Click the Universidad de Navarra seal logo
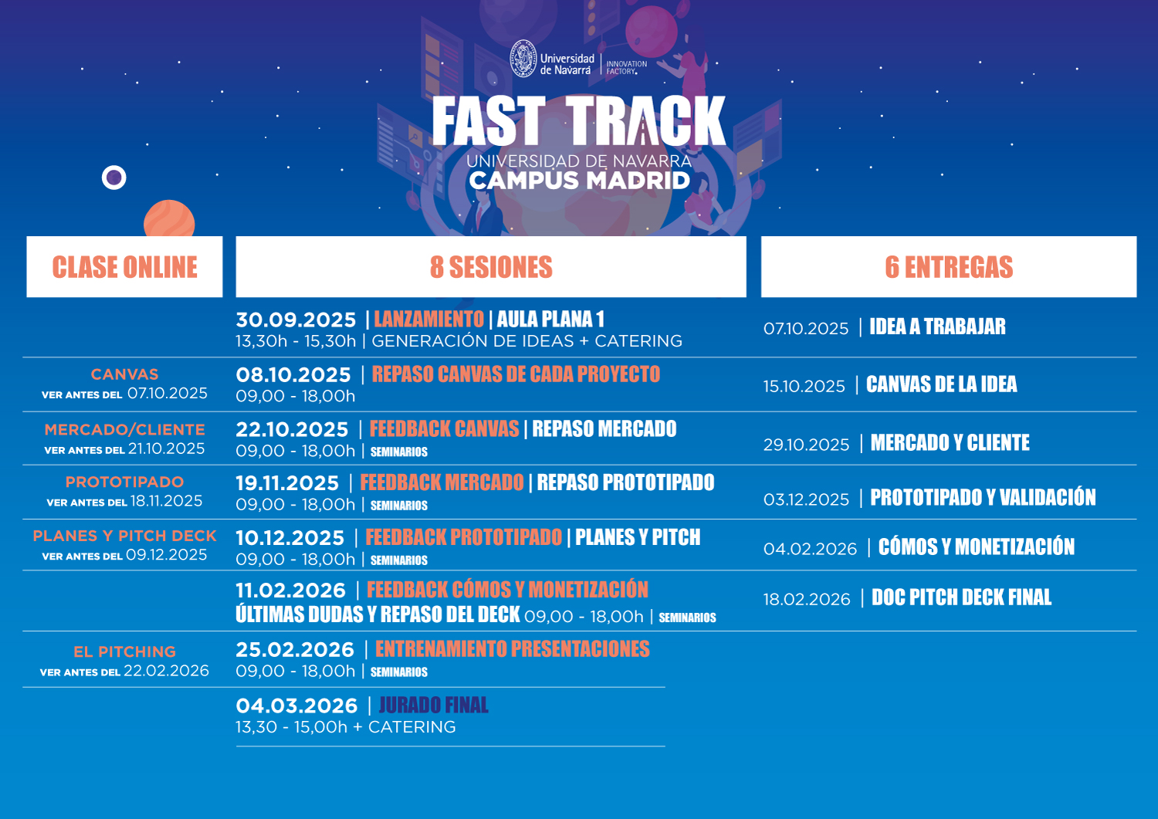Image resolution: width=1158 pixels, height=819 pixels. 523,59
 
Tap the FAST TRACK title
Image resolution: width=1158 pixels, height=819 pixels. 579,121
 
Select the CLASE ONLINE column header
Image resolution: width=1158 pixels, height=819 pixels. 124,267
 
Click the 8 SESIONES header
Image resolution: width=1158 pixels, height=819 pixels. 491,267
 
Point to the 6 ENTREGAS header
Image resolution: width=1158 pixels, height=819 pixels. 949,267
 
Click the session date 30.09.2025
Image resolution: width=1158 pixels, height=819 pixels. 296,320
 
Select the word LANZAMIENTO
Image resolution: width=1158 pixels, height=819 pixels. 428,319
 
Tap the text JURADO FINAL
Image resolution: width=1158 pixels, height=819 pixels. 433,706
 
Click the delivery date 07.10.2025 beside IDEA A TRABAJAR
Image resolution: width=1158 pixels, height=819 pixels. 806,328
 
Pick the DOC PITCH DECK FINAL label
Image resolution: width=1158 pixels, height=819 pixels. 962,597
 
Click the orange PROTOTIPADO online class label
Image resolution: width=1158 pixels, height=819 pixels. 124,482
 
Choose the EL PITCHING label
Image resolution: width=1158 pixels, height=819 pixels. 124,651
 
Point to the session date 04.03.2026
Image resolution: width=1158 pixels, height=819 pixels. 296,706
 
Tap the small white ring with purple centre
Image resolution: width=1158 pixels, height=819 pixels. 114,178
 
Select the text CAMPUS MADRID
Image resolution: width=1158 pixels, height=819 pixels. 580,181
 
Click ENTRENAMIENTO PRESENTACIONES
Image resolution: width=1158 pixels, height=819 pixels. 513,649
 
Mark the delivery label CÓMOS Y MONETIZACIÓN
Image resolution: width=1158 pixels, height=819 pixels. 976,547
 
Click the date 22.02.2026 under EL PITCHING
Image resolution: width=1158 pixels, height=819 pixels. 166,671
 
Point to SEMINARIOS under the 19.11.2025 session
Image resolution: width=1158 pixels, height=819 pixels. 399,505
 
